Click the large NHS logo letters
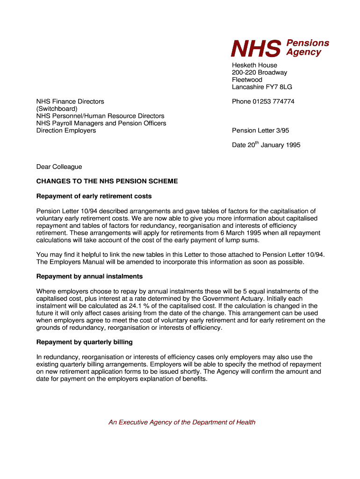(x=256, y=48)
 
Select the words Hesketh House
(x=254, y=65)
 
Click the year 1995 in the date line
(x=292, y=145)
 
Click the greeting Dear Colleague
(x=59, y=167)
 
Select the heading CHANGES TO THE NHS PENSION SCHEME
(x=107, y=181)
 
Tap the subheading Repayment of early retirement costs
(x=94, y=196)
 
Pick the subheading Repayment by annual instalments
(x=89, y=276)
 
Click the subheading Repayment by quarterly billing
(x=85, y=342)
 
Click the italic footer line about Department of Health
(x=182, y=422)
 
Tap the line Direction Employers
(x=66, y=131)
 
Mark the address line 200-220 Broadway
(x=259, y=73)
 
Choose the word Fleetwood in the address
(x=247, y=80)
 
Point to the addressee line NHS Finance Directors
(x=70, y=102)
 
